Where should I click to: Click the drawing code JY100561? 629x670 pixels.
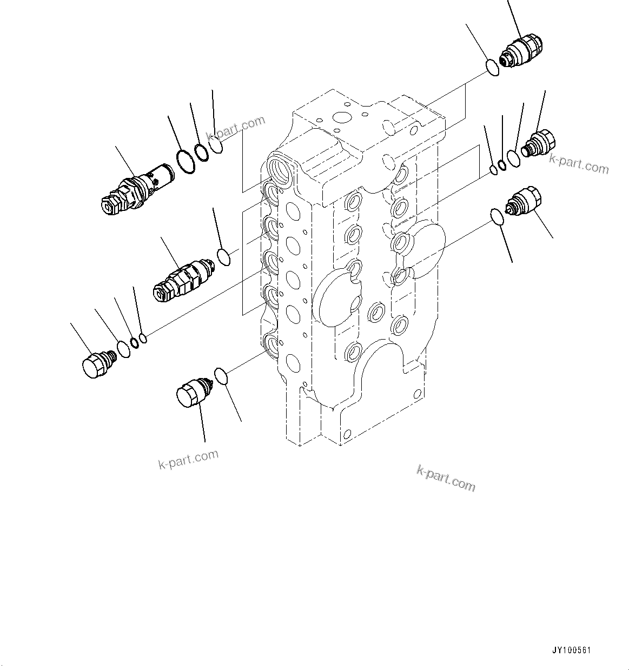[571, 650]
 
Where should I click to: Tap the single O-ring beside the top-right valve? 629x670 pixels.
[492, 68]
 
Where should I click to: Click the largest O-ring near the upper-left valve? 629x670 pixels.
[186, 162]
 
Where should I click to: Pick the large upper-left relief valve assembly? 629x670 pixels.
[135, 189]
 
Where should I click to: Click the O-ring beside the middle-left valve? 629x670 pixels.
[223, 257]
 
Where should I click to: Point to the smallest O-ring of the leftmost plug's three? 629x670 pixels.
[143, 339]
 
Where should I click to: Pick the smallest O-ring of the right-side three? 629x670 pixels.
[493, 171]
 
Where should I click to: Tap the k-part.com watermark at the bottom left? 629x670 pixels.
[188, 459]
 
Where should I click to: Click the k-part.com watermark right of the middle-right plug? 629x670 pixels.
[579, 163]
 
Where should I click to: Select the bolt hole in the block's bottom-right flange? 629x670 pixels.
[416, 393]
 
